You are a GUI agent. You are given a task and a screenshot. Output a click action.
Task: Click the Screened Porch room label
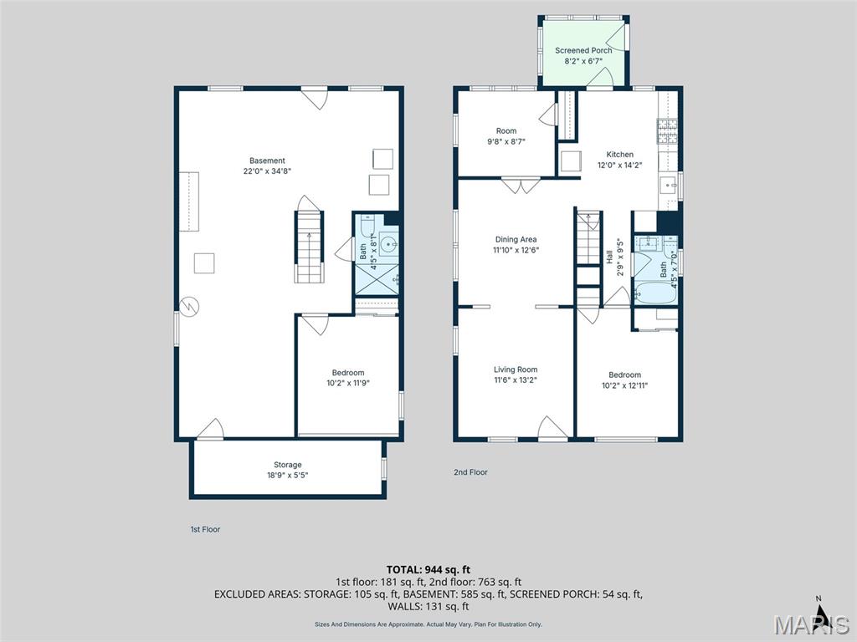[583, 50]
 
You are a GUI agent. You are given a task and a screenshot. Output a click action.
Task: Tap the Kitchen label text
[620, 155]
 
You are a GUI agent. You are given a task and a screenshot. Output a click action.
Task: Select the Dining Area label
[516, 239]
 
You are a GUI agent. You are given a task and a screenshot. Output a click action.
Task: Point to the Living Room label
[516, 369]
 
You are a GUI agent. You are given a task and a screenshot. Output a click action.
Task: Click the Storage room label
[288, 465]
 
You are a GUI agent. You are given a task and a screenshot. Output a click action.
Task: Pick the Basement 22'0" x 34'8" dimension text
[267, 171]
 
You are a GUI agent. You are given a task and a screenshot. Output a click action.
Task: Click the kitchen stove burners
[667, 131]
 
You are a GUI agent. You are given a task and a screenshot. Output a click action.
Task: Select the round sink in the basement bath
[388, 244]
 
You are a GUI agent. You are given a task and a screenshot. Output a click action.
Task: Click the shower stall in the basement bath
[377, 280]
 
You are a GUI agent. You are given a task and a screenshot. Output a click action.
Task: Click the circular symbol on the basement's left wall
[189, 306]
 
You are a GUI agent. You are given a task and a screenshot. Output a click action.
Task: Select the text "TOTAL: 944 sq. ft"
[428, 570]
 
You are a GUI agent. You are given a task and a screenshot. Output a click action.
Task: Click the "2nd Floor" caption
[470, 472]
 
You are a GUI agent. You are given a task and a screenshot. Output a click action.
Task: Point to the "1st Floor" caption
[206, 529]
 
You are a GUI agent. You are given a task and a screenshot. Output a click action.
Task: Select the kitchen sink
[668, 186]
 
